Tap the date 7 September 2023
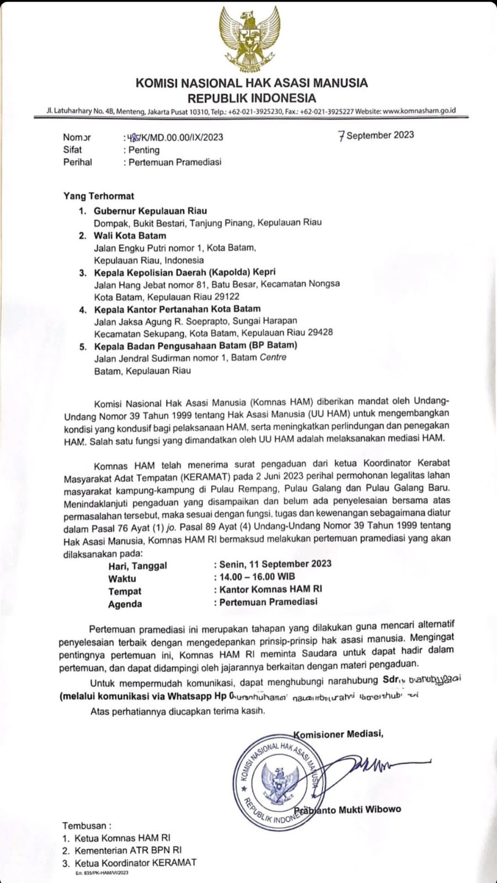coord(376,135)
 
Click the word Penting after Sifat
coord(144,150)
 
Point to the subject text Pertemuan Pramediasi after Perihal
coord(175,162)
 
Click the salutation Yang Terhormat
coord(99,196)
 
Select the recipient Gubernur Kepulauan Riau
coord(150,211)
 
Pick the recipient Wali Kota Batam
coord(130,236)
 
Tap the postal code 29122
coord(227,296)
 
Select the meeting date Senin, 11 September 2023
coord(275,564)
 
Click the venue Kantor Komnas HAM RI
coord(270,589)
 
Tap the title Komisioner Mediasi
coord(338,734)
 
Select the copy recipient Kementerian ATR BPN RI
coord(128,850)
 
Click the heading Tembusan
coord(87,826)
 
